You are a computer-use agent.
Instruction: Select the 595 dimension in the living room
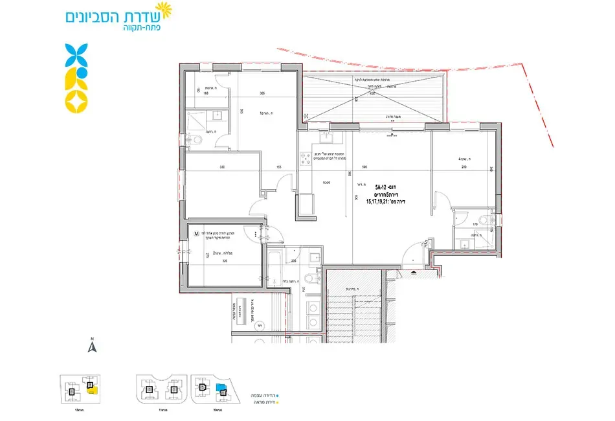(x=365, y=167)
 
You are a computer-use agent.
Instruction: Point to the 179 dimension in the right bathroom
(x=475, y=225)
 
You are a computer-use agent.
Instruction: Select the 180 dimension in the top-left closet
(x=206, y=93)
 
